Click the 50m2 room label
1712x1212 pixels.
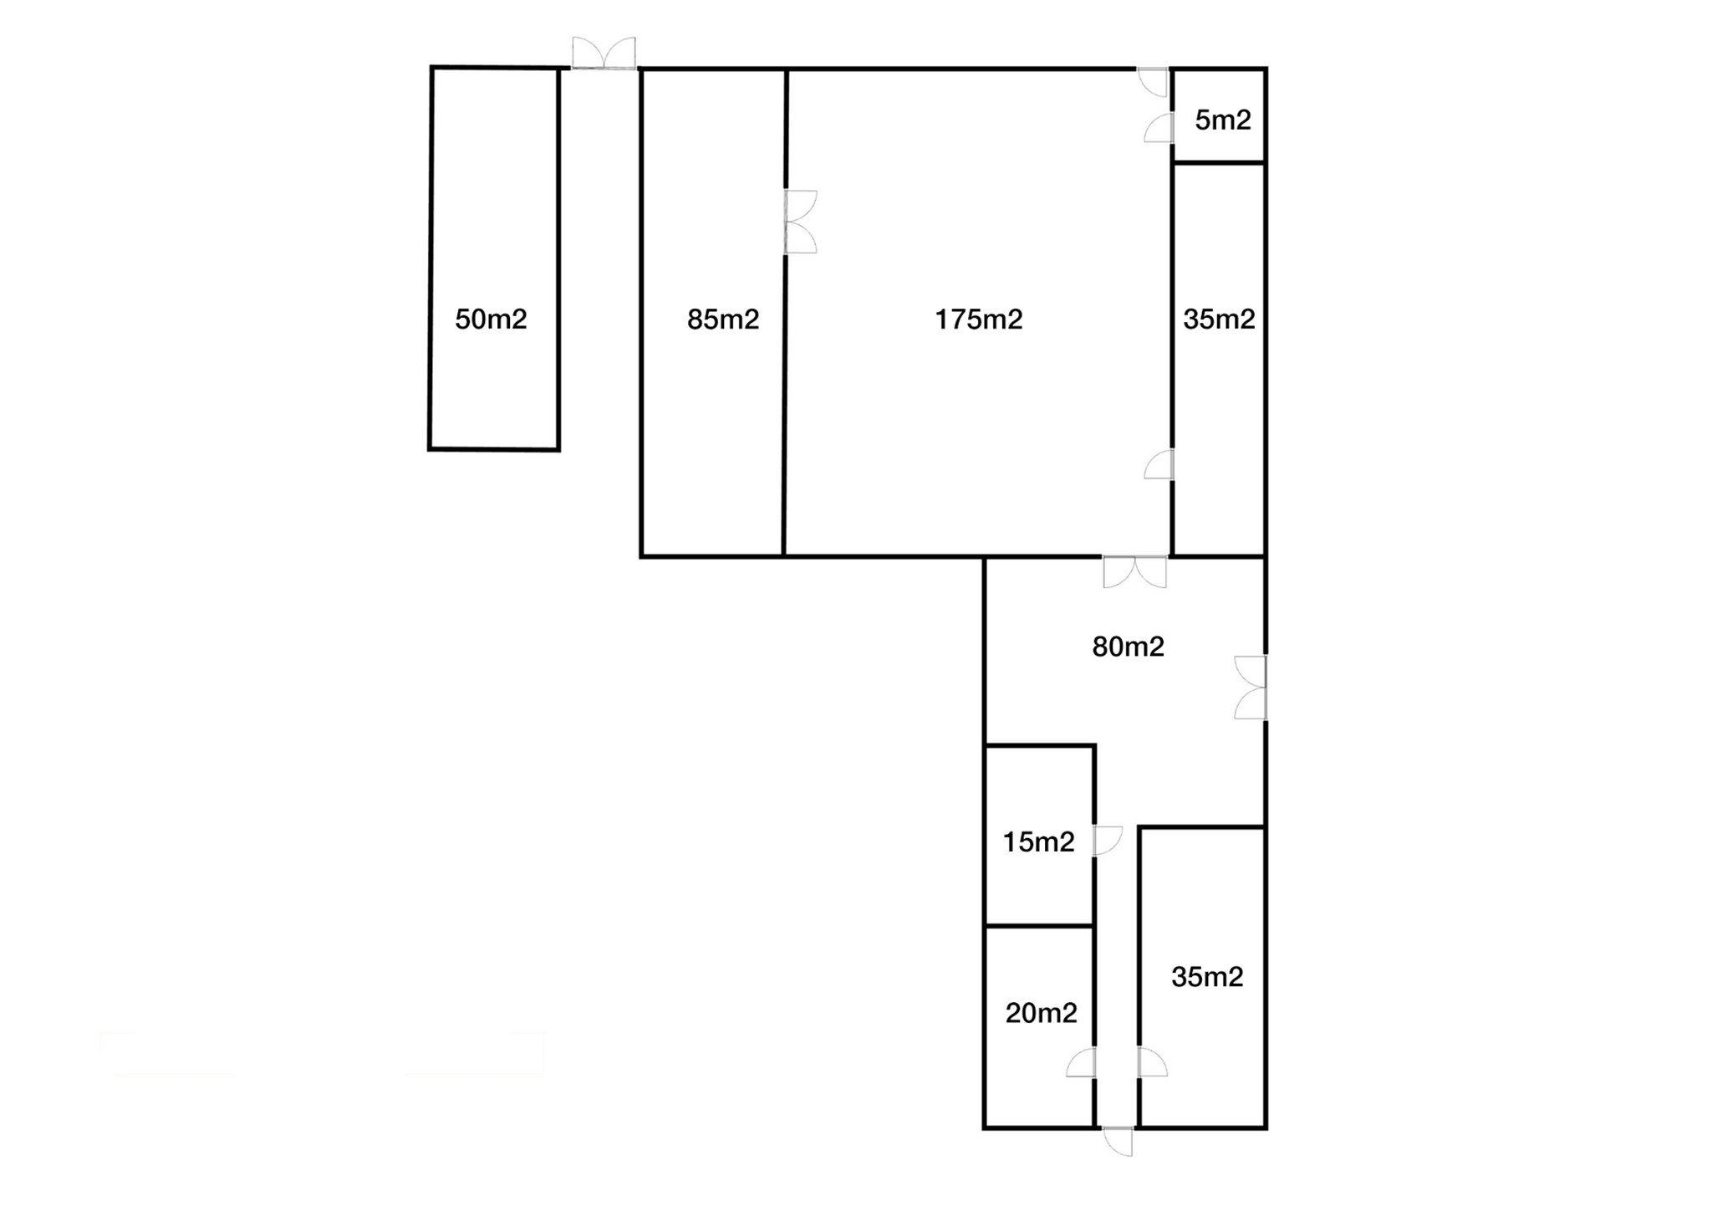tap(491, 320)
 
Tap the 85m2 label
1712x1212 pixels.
tap(723, 320)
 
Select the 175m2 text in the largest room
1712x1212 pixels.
tap(978, 320)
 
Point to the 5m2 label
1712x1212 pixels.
tap(1223, 120)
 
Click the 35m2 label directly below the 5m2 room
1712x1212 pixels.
tap(1219, 320)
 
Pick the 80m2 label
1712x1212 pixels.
tap(1128, 647)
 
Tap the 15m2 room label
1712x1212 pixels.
tap(1038, 841)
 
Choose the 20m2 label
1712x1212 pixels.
tap(1041, 1013)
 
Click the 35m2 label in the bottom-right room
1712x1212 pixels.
tap(1207, 976)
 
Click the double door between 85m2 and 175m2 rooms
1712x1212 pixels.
tap(800, 222)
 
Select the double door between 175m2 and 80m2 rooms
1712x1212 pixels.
tap(1135, 572)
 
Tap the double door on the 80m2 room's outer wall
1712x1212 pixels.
tap(1251, 688)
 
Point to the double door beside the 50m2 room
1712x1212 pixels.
tap(604, 53)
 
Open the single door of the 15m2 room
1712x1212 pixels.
tap(1108, 841)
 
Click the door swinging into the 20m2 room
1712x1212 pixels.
tap(1081, 1062)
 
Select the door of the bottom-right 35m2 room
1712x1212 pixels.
tap(1152, 1062)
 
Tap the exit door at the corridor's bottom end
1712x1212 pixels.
tap(1118, 1142)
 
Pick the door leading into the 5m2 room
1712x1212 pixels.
tap(1159, 127)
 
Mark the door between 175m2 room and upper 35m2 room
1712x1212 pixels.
tap(1159, 464)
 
